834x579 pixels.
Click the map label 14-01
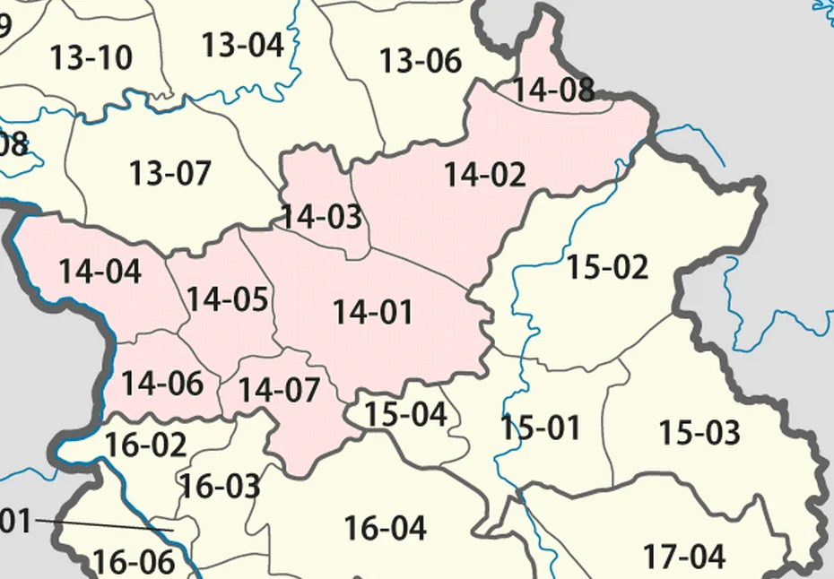point(373,313)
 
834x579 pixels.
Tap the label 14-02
point(485,175)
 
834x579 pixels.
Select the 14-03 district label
point(322,217)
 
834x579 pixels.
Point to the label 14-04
point(100,271)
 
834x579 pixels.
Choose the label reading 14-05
point(228,299)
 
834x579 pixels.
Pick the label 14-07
point(280,390)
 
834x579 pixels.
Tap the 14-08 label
point(552,90)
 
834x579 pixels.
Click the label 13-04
point(242,44)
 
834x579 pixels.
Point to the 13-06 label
point(421,61)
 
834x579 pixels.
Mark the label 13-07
point(170,172)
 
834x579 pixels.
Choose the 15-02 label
point(608,267)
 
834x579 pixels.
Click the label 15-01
point(541,428)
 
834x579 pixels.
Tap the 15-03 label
point(699,433)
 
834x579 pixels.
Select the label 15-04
point(406,414)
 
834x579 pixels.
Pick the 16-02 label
point(146,445)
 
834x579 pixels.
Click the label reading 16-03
point(221,487)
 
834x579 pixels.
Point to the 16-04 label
point(386,528)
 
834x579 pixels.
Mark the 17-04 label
point(683,557)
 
